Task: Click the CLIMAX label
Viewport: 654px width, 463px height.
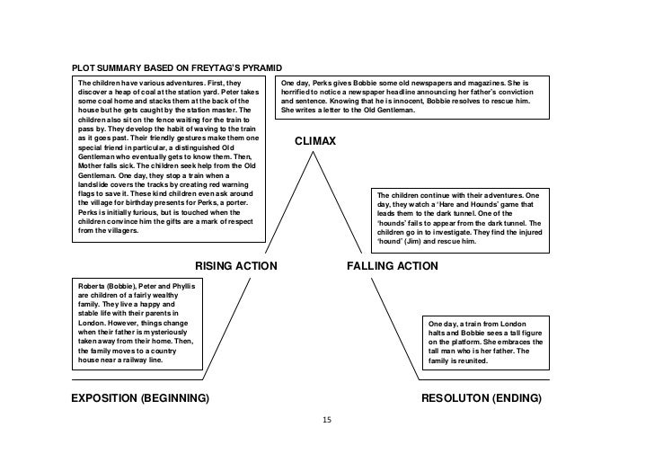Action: coord(315,141)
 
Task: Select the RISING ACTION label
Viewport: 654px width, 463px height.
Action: coord(235,266)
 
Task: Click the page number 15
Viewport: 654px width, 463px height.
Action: coord(326,420)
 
